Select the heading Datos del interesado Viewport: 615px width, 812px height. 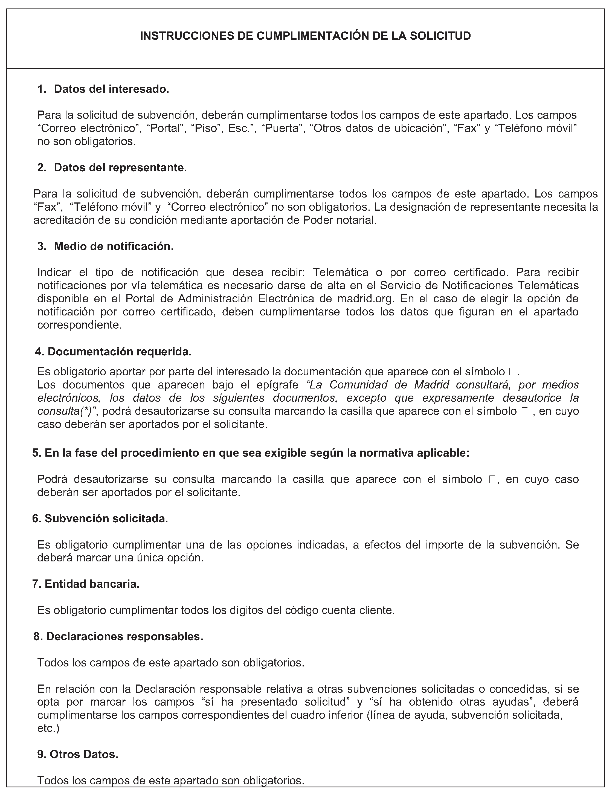[111, 89]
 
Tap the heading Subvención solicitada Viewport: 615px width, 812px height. [106, 518]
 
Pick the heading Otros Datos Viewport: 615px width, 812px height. [84, 754]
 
